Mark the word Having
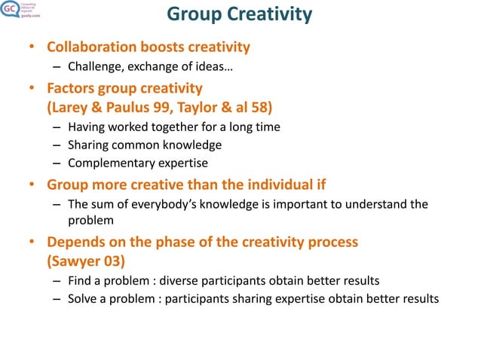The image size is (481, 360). click(x=87, y=127)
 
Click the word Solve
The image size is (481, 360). click(x=82, y=299)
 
